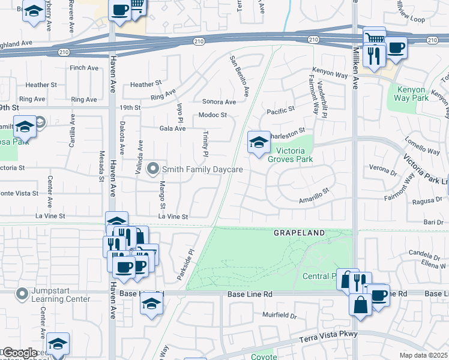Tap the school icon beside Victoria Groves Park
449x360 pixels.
point(259,143)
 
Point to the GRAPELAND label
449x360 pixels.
point(300,232)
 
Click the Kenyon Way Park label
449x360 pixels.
point(412,94)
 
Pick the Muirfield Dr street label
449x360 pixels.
point(280,314)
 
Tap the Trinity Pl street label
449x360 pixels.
point(205,145)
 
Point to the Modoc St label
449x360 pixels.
point(212,115)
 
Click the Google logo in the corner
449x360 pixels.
point(20,353)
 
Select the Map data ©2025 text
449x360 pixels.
point(424,355)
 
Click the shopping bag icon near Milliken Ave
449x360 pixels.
point(360,304)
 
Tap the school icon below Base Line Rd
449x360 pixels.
point(152,305)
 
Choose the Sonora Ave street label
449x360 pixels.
point(218,102)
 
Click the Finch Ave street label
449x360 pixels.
point(84,68)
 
